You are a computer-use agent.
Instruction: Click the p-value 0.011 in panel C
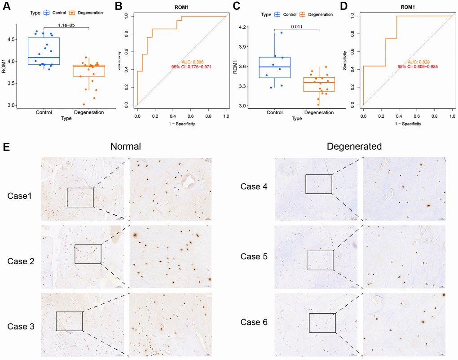pyautogui.click(x=296, y=27)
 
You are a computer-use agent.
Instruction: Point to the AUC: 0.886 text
pyautogui.click(x=193, y=62)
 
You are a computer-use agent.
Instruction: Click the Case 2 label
pyautogui.click(x=21, y=261)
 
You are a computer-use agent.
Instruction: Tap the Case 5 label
pyautogui.click(x=254, y=257)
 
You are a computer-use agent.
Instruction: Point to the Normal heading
pyautogui.click(x=126, y=147)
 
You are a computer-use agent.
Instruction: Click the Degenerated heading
pyautogui.click(x=354, y=147)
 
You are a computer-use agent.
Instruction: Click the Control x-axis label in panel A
pyautogui.click(x=44, y=112)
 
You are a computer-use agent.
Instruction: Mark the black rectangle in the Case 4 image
pyautogui.click(x=319, y=184)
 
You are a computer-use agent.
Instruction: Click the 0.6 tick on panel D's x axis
pyautogui.click(x=416, y=116)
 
